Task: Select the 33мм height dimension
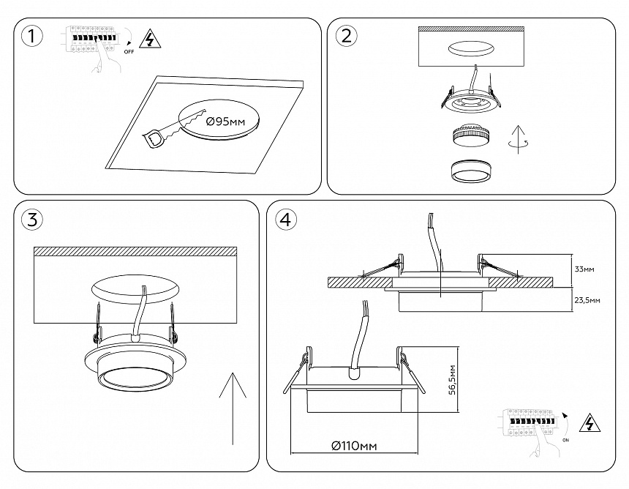pos(584,270)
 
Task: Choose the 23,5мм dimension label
pos(587,300)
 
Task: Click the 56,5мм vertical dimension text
pos(454,378)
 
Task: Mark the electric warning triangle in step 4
pos(588,424)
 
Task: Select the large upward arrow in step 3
pos(233,407)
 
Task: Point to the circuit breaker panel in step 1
pos(91,37)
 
